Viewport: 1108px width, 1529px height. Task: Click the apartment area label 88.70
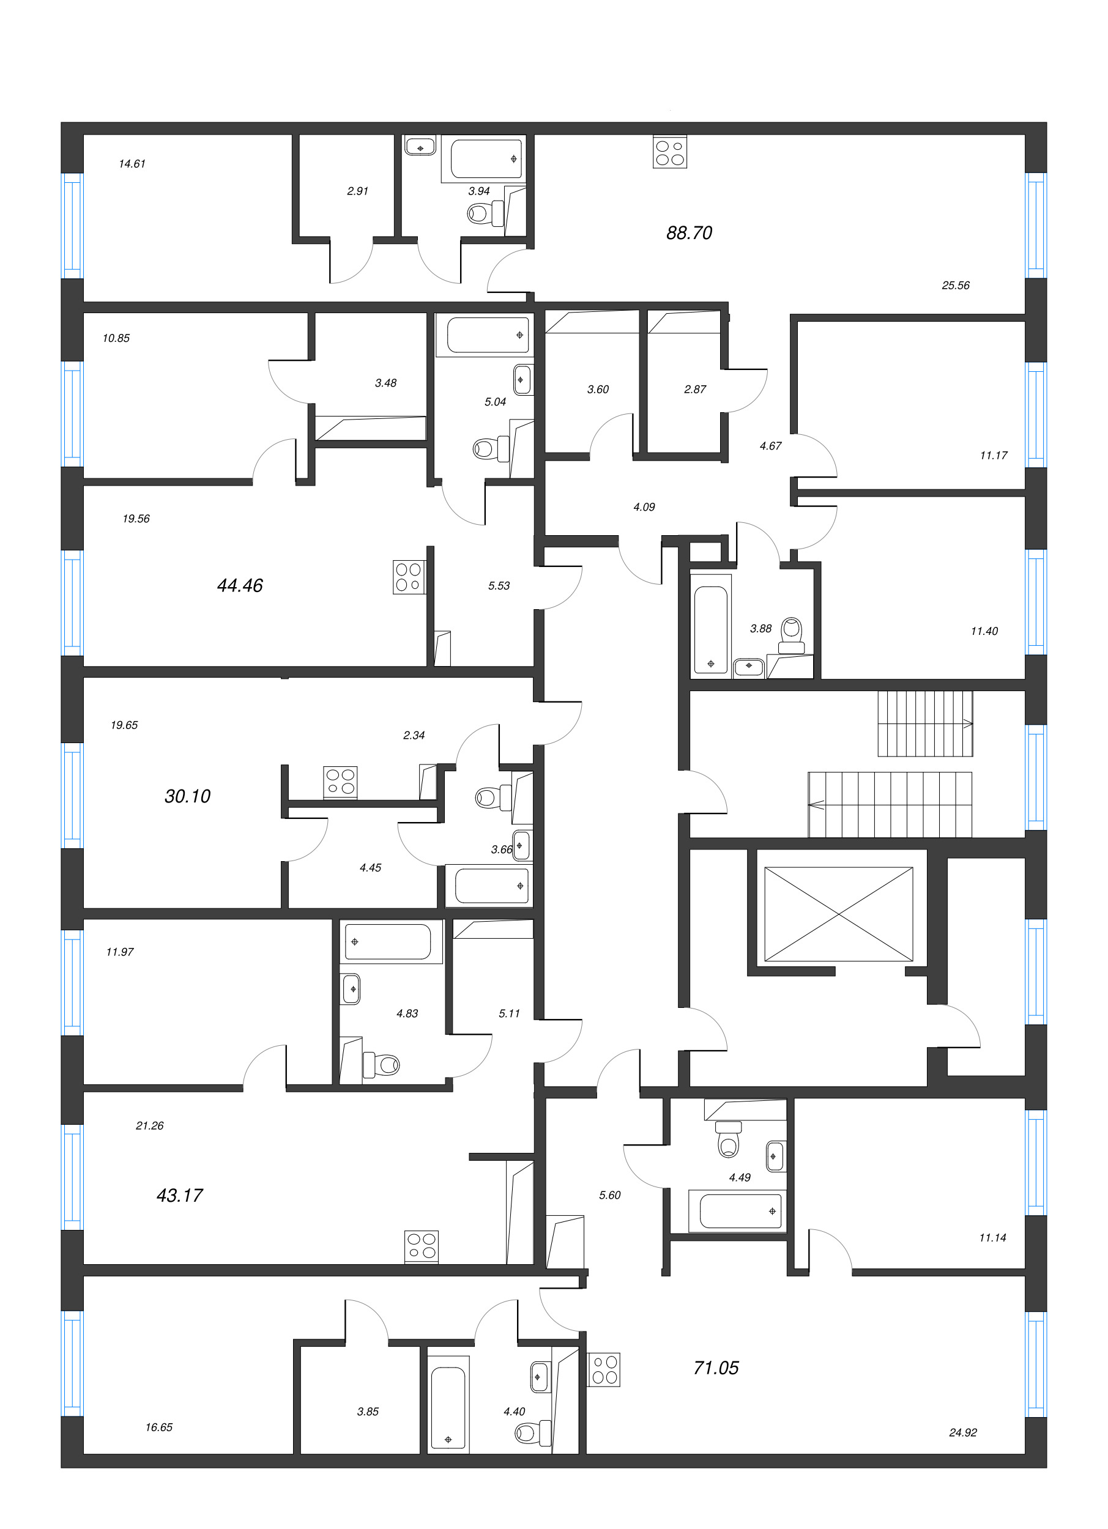(688, 233)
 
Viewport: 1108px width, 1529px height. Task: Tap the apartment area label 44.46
(239, 585)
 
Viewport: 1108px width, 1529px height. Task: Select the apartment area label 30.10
(187, 796)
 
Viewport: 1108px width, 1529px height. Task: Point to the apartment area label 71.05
(715, 1367)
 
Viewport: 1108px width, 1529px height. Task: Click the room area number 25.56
(955, 286)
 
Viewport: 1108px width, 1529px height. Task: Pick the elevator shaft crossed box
(838, 914)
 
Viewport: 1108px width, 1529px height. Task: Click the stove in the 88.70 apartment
(670, 153)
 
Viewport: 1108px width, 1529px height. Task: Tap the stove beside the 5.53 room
(409, 577)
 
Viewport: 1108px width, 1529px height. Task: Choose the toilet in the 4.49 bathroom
(727, 1139)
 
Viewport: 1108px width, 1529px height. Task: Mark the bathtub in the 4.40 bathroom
(448, 1407)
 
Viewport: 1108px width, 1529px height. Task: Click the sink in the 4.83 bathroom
(351, 990)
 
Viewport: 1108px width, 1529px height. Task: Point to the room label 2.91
(357, 191)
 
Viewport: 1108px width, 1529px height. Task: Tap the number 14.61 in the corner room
(132, 164)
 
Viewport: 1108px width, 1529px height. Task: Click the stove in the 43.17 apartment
(422, 1246)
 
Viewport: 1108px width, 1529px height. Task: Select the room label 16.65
(158, 1426)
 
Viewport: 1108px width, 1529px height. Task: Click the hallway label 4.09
(644, 507)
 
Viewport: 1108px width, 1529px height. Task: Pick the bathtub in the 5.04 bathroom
(488, 335)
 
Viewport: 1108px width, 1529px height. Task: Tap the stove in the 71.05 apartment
(604, 1369)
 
